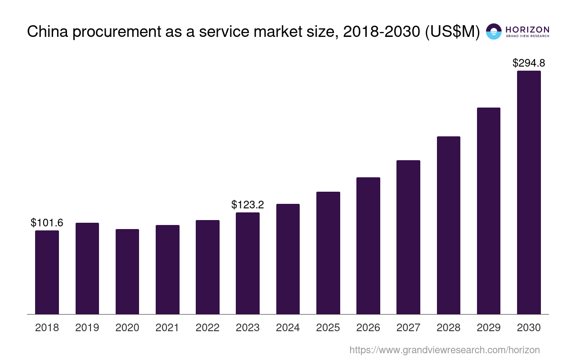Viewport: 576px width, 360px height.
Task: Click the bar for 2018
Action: click(47, 272)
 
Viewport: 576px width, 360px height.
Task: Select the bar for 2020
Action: click(127, 271)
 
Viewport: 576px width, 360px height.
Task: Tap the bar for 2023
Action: click(247, 263)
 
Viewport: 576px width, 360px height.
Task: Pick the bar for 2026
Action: click(368, 246)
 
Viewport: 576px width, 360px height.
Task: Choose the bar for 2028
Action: click(448, 225)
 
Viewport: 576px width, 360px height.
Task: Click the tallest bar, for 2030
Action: click(529, 192)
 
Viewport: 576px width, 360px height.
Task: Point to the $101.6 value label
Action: click(47, 223)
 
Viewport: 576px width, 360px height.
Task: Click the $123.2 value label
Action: click(247, 205)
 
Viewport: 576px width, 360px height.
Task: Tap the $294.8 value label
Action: click(529, 63)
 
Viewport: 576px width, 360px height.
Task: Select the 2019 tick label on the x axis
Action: click(87, 328)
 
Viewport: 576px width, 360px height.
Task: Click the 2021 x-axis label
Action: click(167, 328)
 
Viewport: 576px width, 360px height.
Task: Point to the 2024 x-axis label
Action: click(288, 328)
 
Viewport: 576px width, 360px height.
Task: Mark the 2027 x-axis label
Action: click(408, 328)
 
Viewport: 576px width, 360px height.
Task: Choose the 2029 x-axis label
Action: click(489, 328)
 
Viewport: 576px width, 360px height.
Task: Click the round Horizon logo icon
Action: click(494, 31)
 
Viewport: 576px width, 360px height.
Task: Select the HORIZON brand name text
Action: click(527, 29)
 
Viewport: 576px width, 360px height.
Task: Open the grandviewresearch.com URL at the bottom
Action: click(444, 350)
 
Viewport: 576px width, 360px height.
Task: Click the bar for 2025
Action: click(328, 253)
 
